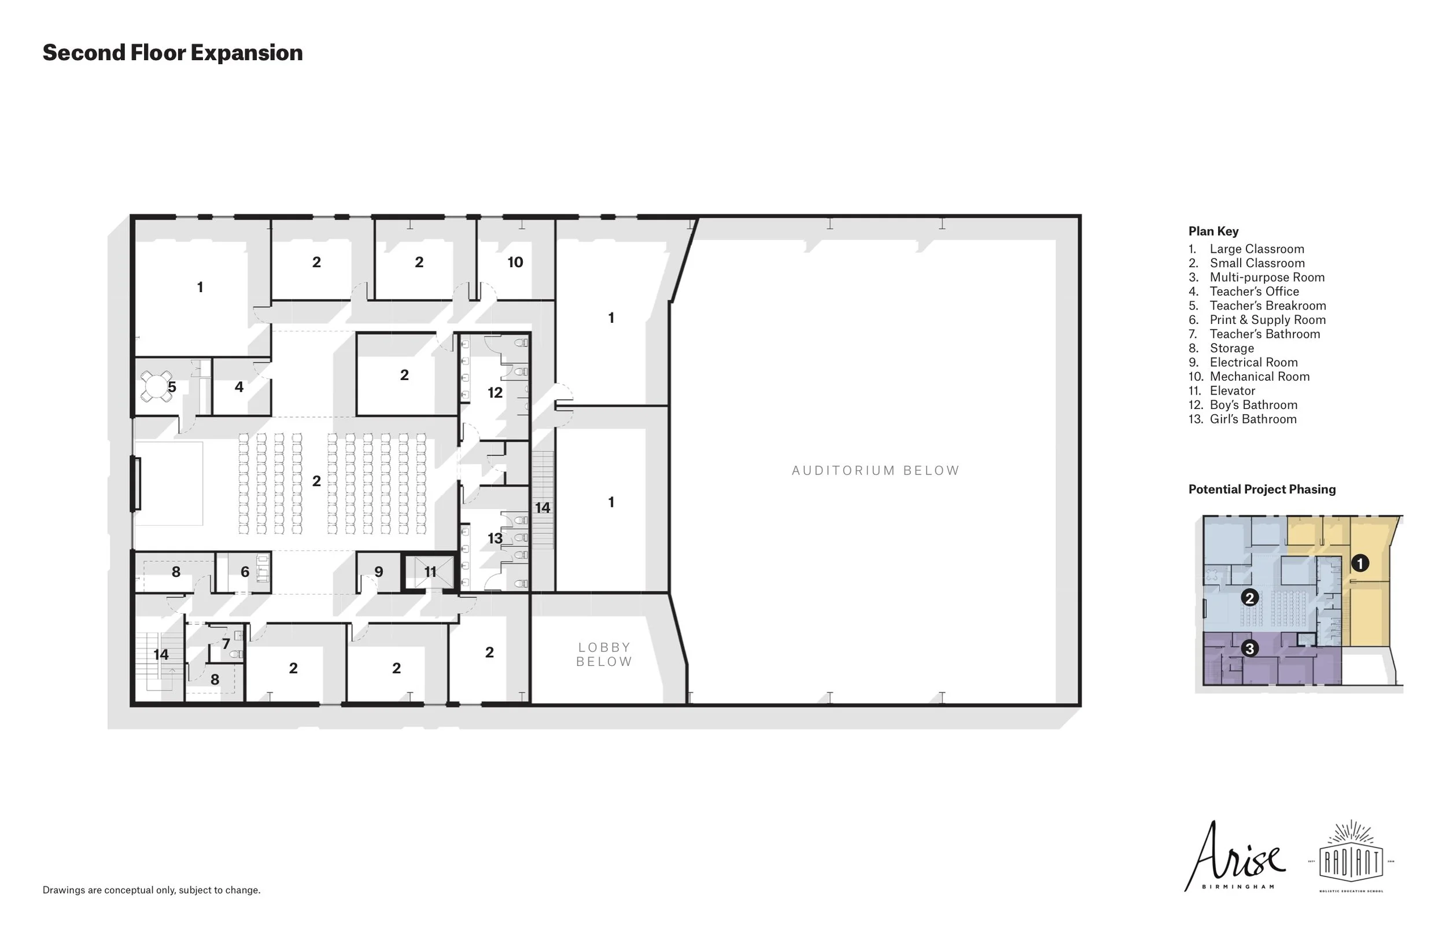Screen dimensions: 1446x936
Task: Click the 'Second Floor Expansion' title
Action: [x=172, y=53]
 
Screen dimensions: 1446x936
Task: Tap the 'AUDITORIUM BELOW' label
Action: [x=875, y=470]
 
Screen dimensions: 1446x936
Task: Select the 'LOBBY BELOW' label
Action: [x=604, y=655]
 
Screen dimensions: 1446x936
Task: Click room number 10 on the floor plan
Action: [x=515, y=262]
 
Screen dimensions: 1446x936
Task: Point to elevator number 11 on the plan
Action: [x=430, y=572]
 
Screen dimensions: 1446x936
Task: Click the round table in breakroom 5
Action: [x=156, y=386]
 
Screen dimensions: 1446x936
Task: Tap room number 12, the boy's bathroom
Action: [x=495, y=393]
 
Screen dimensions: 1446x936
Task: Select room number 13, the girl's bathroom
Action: [x=495, y=538]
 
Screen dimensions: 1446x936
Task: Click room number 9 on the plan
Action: [x=378, y=572]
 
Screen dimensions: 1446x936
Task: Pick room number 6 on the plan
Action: [x=245, y=572]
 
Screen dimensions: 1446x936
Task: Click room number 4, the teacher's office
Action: [x=239, y=387]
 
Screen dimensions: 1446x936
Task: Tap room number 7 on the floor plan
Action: [x=226, y=644]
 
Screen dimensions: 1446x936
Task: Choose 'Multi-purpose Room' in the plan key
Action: [x=1266, y=277]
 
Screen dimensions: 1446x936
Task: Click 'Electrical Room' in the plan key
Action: [x=1253, y=362]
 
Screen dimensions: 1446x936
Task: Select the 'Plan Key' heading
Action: [x=1213, y=231]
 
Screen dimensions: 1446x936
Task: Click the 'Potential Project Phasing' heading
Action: [x=1262, y=489]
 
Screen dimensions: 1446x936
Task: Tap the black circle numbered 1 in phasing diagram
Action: [x=1360, y=563]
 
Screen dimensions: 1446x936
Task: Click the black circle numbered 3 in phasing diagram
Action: [x=1249, y=648]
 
